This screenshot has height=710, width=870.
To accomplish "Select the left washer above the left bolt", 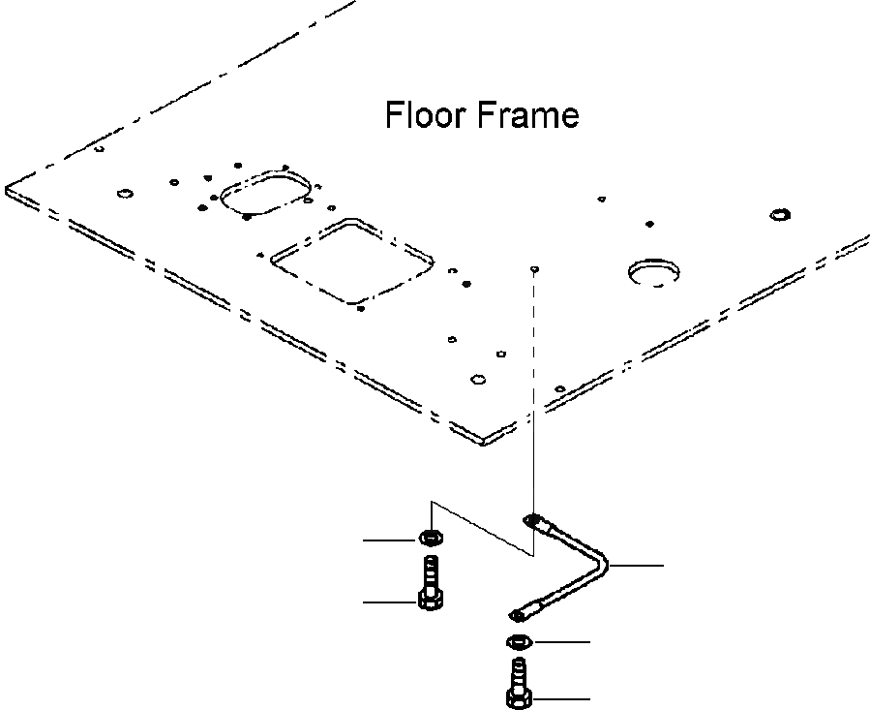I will click(428, 538).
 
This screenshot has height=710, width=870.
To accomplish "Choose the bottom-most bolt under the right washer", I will click(518, 686).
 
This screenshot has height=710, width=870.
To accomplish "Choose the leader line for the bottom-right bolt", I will click(561, 697).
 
